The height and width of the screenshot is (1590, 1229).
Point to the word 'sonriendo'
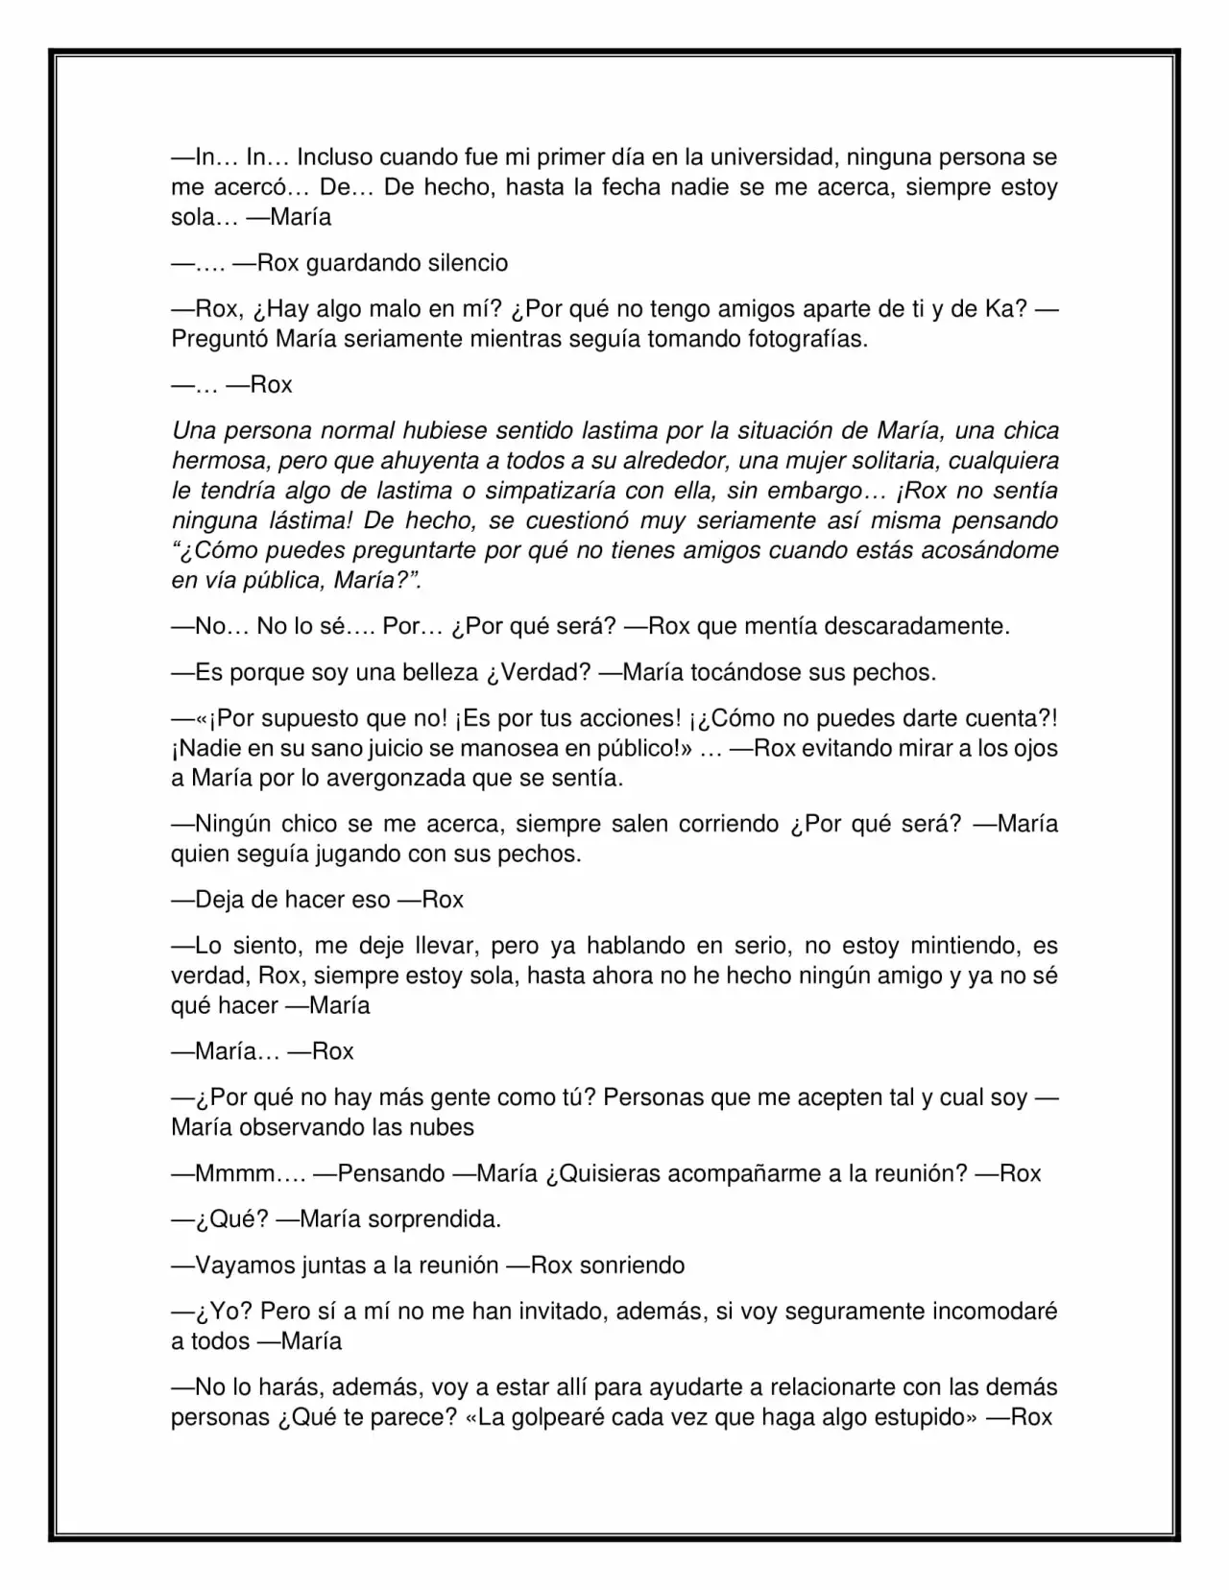(x=633, y=1265)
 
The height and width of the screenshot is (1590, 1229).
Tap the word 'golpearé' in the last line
(x=562, y=1417)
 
